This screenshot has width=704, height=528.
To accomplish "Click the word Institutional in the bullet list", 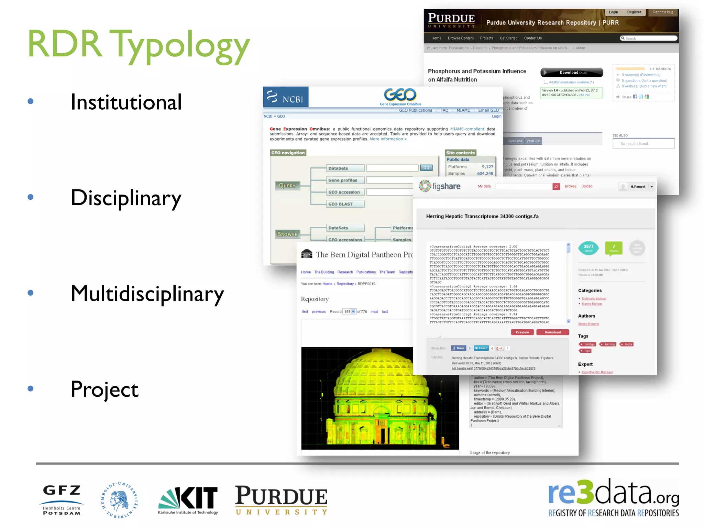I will coord(126,102).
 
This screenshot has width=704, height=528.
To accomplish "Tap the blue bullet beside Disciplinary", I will coord(31,197).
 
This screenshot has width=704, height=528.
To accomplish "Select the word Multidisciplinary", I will coord(147,294).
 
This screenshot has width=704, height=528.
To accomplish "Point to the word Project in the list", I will coord(104,390).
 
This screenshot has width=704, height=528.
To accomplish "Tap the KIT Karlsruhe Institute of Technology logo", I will coord(188,500).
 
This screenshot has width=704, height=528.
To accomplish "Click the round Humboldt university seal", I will coord(119,500).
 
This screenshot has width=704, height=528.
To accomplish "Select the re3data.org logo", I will coord(613,498).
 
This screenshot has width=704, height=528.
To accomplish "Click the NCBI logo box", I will coord(286,97).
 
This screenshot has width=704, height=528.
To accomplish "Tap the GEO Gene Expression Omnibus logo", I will coord(400,97).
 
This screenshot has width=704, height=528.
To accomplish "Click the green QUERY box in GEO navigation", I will coord(287,186).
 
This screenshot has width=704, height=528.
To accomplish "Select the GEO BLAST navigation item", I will coord(345,204).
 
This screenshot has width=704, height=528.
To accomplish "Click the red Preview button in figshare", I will coord(522,332).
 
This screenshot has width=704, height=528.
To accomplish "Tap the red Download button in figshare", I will coord(552,332).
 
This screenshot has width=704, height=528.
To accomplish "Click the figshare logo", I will coord(440,186).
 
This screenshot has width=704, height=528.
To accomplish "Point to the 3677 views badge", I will coord(588,248).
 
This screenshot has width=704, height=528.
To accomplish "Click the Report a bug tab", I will coord(663,12).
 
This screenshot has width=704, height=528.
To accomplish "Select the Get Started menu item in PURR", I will coord(508,38).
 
